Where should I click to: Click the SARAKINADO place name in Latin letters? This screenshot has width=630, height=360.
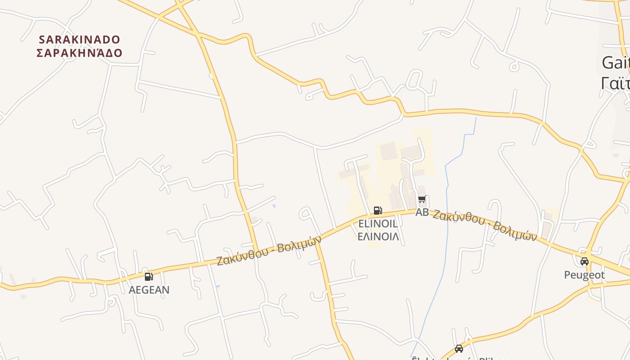80,40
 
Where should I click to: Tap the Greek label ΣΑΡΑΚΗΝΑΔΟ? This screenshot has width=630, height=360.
80,53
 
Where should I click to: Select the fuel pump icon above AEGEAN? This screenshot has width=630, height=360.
148,277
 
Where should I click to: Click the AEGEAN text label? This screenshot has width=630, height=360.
149,290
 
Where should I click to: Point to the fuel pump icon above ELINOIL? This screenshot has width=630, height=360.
378,210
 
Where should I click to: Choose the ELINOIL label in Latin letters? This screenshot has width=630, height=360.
378,224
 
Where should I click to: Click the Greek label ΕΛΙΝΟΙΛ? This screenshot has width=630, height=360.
378,237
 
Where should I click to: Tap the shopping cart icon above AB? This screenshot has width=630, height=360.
422,199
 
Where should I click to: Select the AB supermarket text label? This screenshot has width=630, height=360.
422,212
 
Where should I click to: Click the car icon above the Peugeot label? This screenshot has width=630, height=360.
584,261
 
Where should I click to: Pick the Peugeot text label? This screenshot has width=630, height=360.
584,274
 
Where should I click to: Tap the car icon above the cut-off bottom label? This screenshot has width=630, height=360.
459,348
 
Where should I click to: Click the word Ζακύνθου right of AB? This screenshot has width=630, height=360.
459,217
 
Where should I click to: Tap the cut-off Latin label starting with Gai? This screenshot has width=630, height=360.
616,63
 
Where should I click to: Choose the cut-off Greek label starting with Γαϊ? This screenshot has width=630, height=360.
615,83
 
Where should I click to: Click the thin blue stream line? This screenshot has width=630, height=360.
447,225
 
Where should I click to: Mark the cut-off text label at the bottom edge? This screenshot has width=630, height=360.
459,358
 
